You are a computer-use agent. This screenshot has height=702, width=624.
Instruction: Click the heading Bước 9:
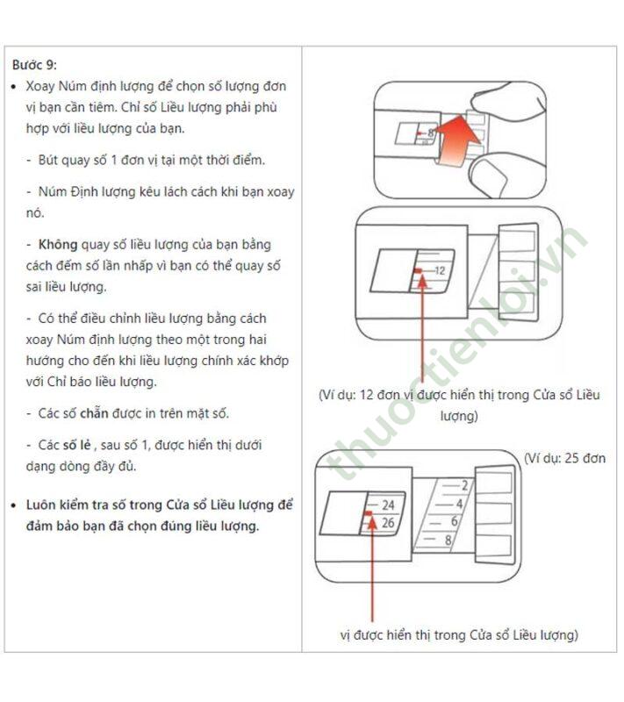tap(34, 64)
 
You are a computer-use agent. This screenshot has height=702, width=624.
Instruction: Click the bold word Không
tap(58, 244)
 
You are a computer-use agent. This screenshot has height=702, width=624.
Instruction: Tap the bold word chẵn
tap(102, 412)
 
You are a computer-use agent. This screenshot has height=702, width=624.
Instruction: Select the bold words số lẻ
tap(75, 445)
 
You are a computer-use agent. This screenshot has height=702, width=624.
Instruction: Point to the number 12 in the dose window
tap(440, 271)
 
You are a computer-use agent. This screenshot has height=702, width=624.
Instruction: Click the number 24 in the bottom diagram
tap(388, 505)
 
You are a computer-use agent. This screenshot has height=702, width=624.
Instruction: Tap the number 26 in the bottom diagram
tap(388, 523)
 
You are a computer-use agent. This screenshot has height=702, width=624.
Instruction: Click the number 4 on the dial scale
tap(459, 504)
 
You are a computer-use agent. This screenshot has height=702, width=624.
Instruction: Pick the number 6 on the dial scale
tap(454, 522)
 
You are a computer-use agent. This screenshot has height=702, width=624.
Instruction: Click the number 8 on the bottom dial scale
tap(448, 541)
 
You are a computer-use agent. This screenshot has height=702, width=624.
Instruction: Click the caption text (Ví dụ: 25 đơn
tap(564, 458)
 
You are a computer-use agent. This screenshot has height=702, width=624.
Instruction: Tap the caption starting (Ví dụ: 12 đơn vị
tap(459, 396)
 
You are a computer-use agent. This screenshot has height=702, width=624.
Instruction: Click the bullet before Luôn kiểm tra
tap(13, 506)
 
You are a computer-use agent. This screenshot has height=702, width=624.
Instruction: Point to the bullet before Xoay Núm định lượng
tap(13, 87)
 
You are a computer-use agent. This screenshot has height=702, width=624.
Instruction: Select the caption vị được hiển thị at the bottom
tap(458, 634)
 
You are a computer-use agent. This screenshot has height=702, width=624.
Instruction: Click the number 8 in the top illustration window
tap(431, 132)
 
